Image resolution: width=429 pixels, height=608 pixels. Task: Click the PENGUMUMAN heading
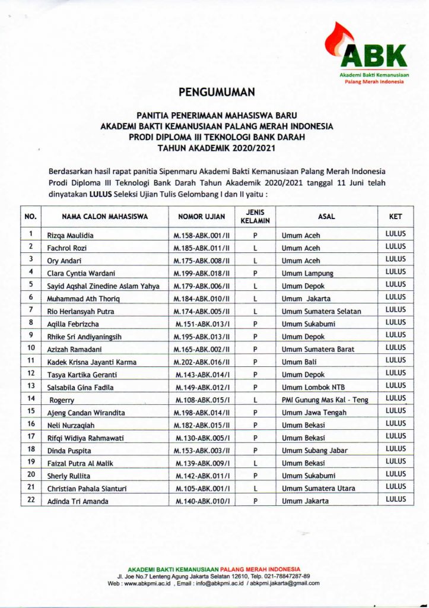tap(217, 92)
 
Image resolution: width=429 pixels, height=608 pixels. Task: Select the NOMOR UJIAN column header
tap(202, 217)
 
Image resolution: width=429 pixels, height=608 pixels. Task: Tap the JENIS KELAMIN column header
tap(255, 217)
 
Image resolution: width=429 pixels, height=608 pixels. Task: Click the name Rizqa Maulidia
tap(70, 236)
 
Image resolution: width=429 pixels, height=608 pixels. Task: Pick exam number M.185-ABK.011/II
tap(202, 248)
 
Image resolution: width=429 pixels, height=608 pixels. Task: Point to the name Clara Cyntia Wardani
tap(83, 274)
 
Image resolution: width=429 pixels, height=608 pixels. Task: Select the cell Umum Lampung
tap(307, 274)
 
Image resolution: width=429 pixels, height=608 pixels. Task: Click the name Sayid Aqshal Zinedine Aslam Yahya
tap(103, 286)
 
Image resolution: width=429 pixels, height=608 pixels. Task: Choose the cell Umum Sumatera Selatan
tap(321, 311)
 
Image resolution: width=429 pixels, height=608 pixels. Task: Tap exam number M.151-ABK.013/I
tap(202, 324)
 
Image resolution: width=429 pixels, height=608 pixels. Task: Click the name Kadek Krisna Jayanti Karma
tap(91, 362)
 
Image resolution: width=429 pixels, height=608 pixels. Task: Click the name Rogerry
tap(62, 400)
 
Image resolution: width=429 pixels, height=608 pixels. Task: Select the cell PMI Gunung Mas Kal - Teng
tap(325, 400)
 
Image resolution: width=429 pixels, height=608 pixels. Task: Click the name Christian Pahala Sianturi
tap(87, 489)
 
